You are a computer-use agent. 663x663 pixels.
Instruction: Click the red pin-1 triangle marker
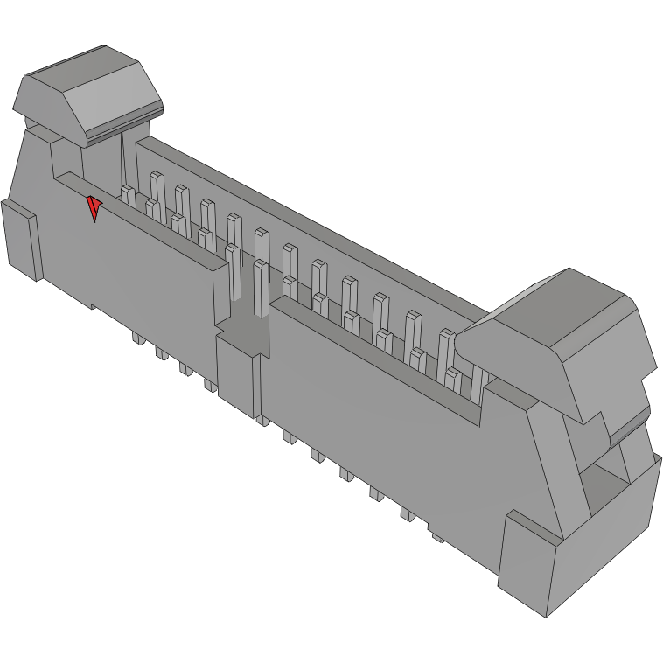point(93,209)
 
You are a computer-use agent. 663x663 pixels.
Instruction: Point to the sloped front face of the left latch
point(112,106)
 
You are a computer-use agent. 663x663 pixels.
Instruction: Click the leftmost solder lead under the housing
point(137,337)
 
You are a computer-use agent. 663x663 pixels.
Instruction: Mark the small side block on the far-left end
point(20,238)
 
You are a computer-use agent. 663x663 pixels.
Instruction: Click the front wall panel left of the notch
point(149,262)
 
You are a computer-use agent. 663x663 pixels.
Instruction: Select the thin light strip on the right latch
point(628,427)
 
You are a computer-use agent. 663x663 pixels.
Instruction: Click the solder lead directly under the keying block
point(262,421)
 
